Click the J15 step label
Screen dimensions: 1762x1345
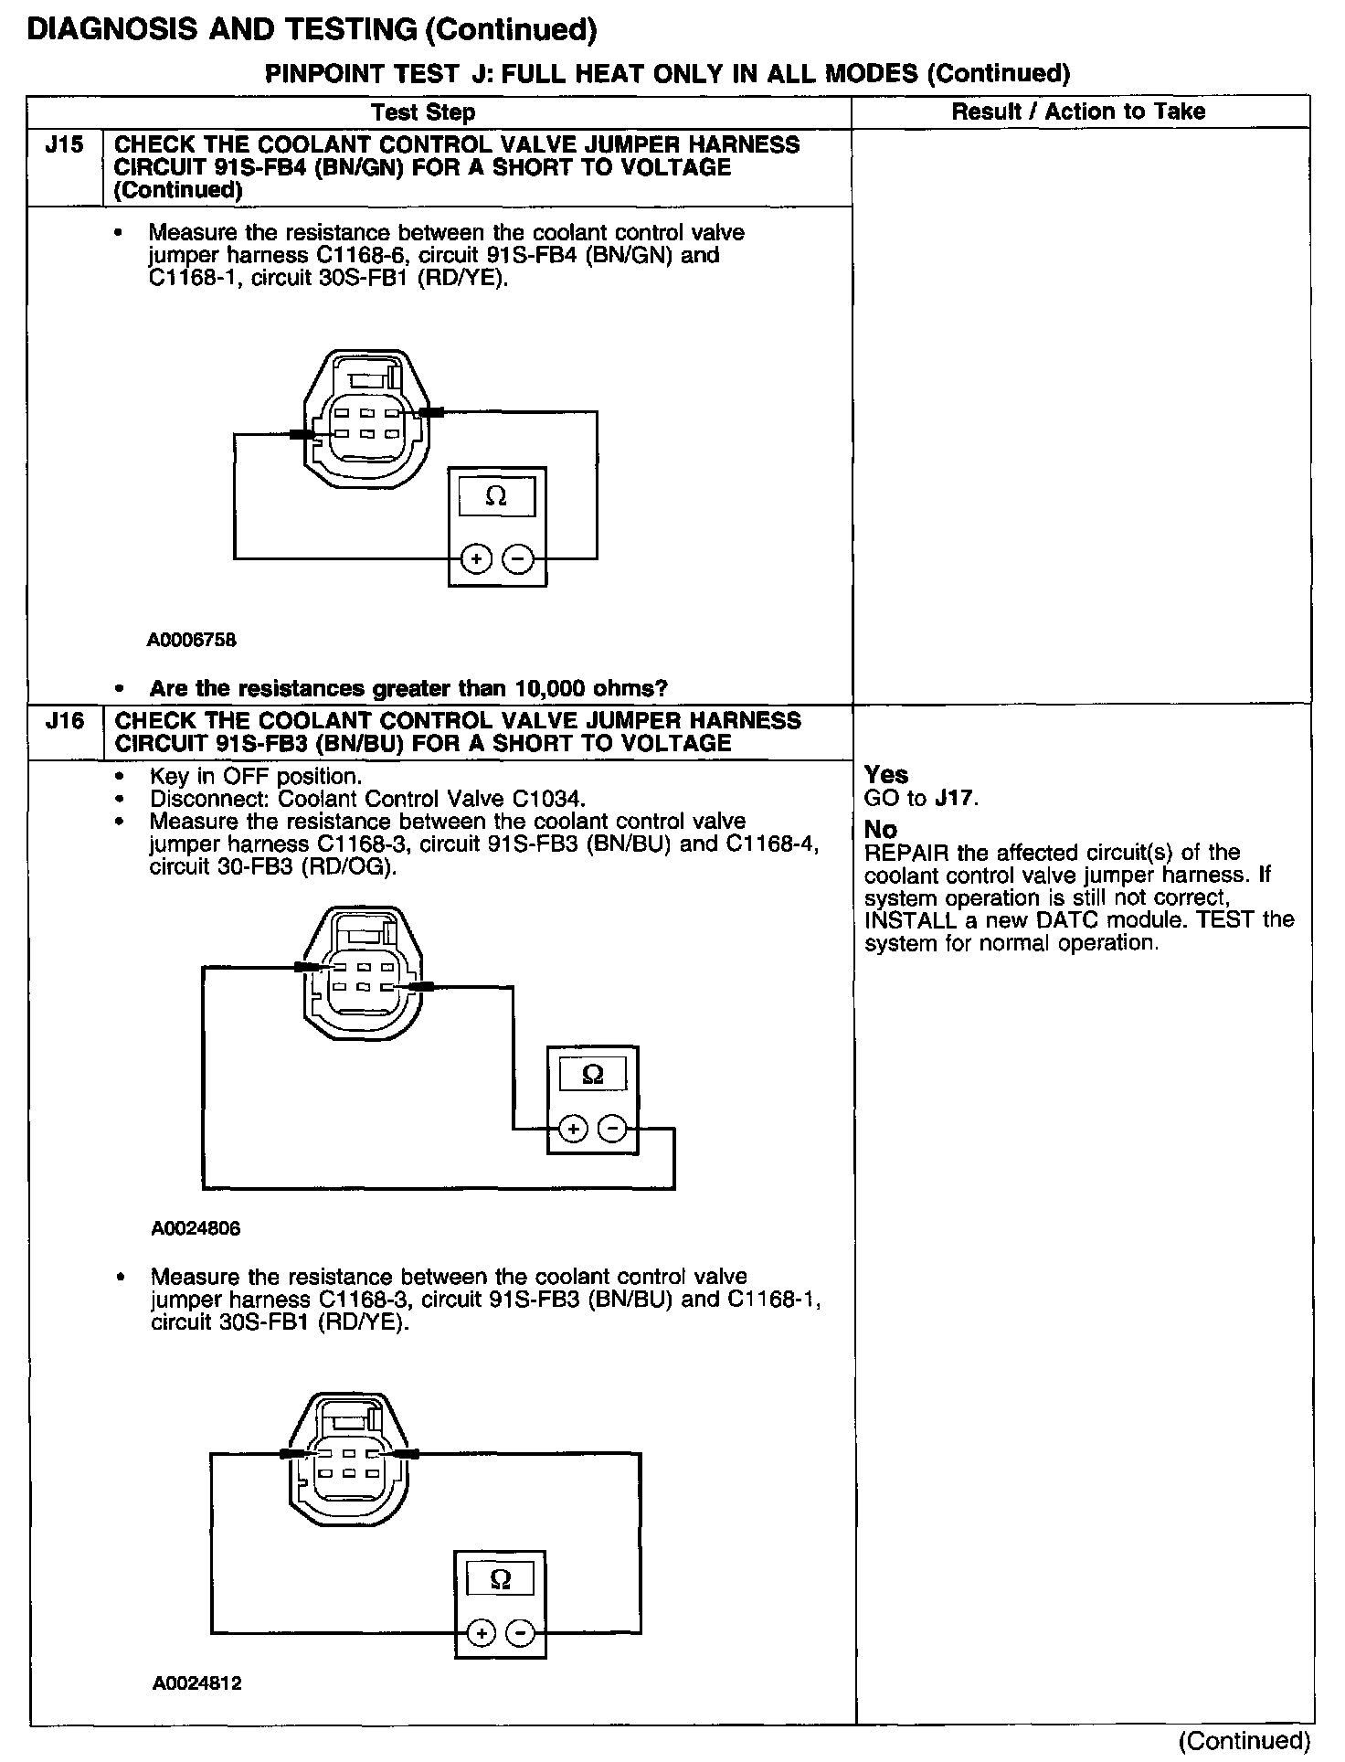tap(64, 145)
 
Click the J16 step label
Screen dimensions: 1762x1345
tap(64, 721)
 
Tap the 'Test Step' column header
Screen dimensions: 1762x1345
tap(423, 112)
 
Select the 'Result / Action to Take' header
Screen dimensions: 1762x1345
tap(1078, 111)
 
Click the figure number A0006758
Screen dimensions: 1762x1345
tap(191, 640)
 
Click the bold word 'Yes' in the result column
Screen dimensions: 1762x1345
tap(886, 775)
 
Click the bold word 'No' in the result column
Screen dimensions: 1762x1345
tap(881, 830)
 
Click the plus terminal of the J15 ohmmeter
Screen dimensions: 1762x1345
tap(475, 557)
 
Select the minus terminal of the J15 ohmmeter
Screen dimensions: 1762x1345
tap(518, 557)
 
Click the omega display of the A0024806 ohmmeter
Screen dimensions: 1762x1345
tap(592, 1075)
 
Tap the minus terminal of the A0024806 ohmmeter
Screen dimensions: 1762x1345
tap(612, 1130)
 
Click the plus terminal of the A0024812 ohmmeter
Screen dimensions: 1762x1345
tap(482, 1632)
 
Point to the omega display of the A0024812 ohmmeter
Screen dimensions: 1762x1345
tap(500, 1578)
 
